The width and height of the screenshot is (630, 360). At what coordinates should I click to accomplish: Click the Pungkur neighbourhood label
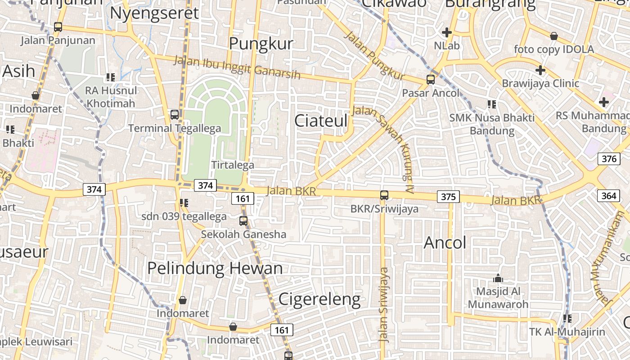click(261, 44)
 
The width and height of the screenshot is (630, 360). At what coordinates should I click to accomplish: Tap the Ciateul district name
click(321, 121)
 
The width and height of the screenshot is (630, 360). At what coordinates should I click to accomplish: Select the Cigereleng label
click(319, 299)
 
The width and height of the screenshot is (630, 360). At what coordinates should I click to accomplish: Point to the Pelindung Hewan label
click(215, 268)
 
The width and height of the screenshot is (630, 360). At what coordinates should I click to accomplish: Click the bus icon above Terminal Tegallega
click(175, 115)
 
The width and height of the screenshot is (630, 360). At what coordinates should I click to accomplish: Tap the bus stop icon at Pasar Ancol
click(431, 80)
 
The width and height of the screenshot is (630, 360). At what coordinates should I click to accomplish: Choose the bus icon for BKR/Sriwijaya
click(384, 195)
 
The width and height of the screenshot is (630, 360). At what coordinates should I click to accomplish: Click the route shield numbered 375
click(448, 197)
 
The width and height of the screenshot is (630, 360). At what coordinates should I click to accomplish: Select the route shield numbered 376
click(609, 159)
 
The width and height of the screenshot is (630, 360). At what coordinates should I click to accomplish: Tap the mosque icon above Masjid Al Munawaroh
click(498, 278)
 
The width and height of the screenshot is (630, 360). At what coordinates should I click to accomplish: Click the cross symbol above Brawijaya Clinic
click(540, 70)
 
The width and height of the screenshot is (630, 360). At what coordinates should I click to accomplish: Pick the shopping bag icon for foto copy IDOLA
click(554, 36)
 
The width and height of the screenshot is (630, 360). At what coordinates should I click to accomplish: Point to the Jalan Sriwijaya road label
click(384, 305)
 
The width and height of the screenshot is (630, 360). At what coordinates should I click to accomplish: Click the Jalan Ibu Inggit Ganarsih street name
click(237, 67)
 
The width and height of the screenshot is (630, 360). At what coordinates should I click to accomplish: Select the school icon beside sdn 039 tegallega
click(184, 203)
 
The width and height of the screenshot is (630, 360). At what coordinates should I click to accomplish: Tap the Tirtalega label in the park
click(233, 165)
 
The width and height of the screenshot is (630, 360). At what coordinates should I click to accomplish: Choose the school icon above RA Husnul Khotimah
click(111, 77)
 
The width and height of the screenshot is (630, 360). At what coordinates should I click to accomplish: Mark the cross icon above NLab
click(446, 32)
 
